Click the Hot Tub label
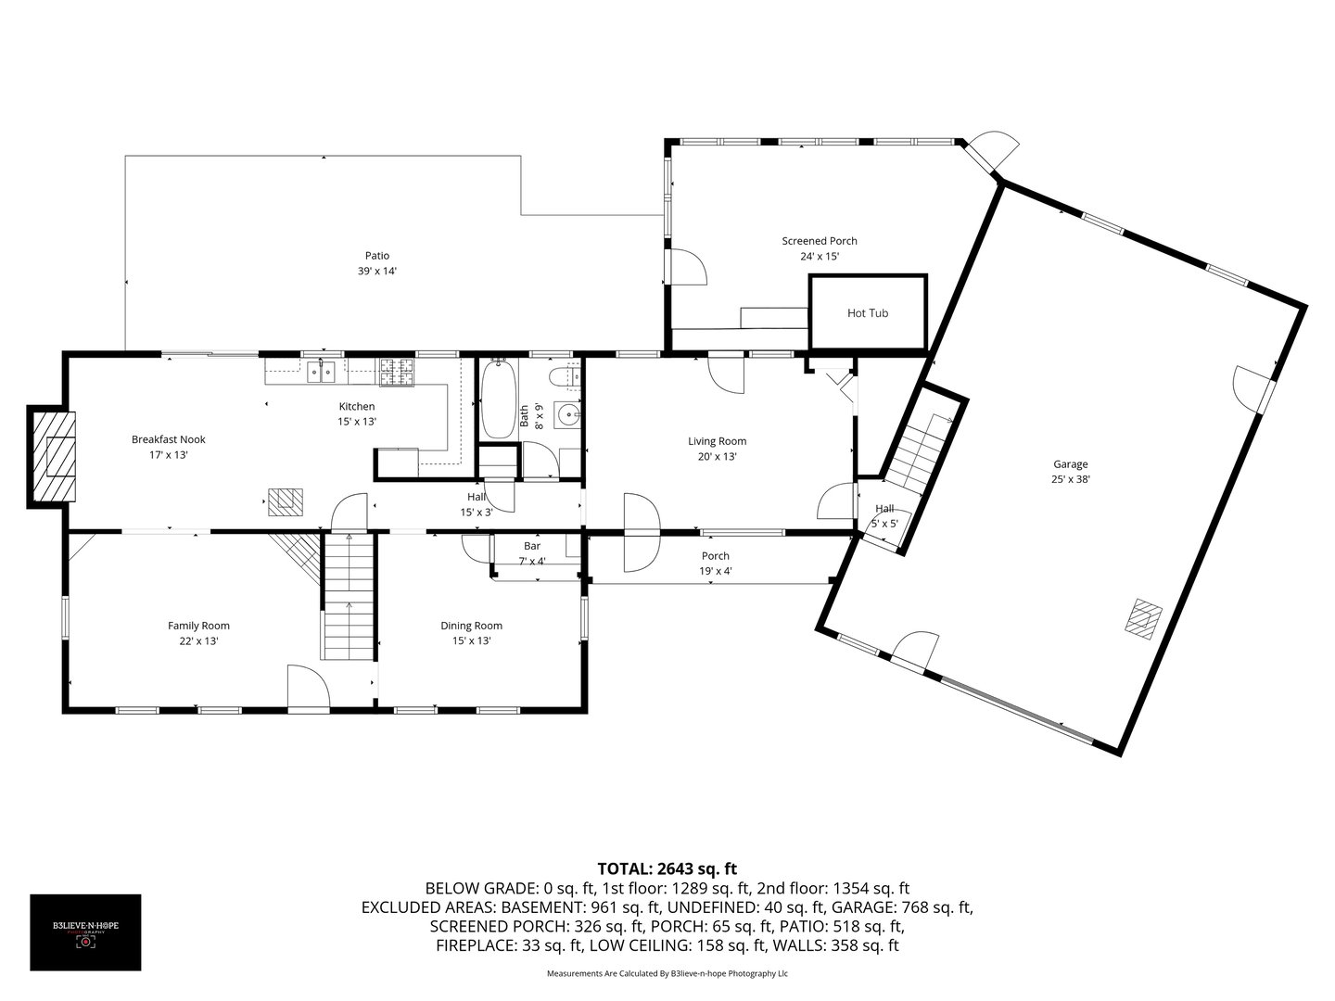(x=867, y=313)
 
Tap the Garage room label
(x=1070, y=464)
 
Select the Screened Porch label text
(x=819, y=241)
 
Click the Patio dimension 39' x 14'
(x=376, y=272)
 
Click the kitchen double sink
(x=321, y=373)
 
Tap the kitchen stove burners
(x=397, y=373)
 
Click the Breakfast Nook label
(x=168, y=439)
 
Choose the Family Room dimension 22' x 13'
(x=198, y=640)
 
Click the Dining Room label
(x=471, y=626)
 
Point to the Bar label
(x=531, y=546)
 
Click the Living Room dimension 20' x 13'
(x=717, y=457)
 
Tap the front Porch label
(x=715, y=556)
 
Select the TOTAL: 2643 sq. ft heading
(x=667, y=868)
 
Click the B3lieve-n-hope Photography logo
(x=85, y=931)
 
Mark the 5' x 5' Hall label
(x=884, y=524)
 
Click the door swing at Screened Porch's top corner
(x=997, y=151)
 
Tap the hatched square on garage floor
(x=1144, y=617)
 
